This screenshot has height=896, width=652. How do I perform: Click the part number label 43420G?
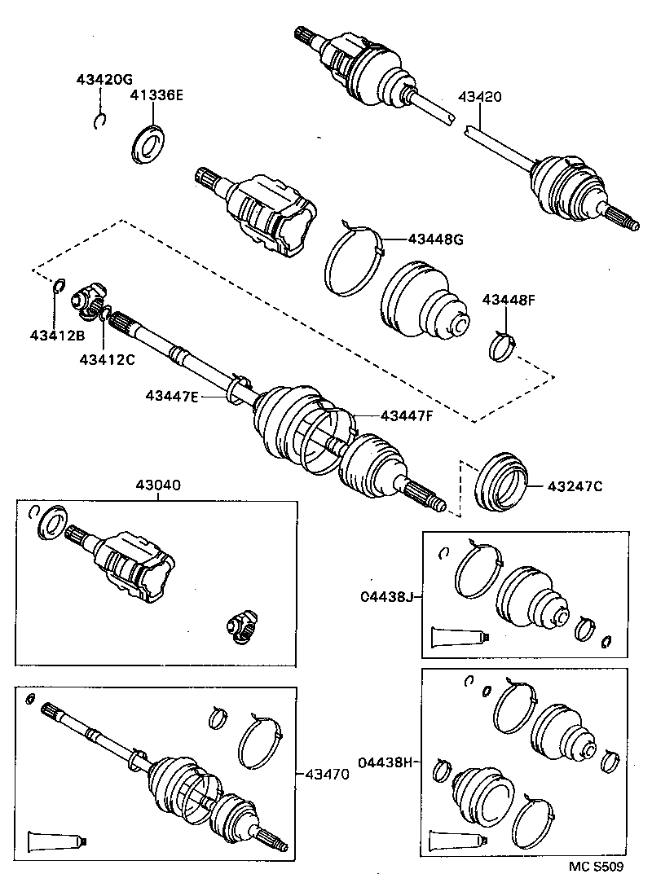104,79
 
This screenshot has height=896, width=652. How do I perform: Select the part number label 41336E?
156,95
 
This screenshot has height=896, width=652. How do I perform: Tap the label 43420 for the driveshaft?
480,96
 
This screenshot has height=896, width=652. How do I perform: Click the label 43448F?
509,299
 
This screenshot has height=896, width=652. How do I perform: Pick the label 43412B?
58,336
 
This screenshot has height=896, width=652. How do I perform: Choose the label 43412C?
107,358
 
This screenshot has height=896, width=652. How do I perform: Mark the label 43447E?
173,396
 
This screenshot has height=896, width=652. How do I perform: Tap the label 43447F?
404,415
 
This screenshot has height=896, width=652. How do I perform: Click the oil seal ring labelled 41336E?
148,145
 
